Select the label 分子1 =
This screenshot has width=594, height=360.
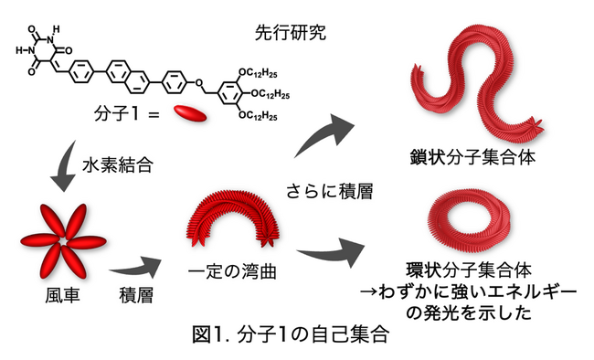[127, 114]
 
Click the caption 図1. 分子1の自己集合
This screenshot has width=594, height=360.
[295, 334]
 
